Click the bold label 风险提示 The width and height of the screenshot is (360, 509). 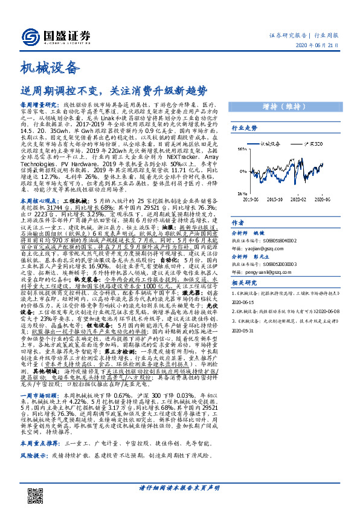coord(33,470)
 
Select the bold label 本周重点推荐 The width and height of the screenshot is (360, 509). coord(39,459)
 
